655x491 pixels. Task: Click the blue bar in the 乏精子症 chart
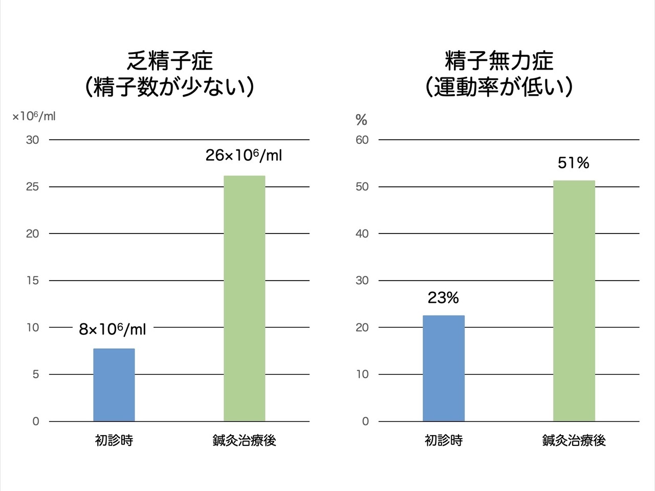114,385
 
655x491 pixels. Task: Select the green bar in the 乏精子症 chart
244,298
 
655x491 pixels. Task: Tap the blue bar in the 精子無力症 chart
444,368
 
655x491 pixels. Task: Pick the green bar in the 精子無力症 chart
574,301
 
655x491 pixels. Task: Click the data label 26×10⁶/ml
244,155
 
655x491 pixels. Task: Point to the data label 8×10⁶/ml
112,329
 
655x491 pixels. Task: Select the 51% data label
573,163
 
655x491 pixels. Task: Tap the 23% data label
443,298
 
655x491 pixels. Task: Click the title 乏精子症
169,61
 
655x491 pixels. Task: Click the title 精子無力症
499,61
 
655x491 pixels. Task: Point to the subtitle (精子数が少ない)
169,88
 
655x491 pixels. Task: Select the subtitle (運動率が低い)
499,88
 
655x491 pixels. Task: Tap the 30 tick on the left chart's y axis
33,140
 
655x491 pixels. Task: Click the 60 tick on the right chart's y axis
362,140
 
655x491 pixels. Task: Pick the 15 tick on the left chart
33,281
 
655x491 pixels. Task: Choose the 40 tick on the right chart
362,233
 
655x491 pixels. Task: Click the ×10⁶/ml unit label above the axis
34,117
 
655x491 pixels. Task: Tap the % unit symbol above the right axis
361,120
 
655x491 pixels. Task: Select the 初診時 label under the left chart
114,440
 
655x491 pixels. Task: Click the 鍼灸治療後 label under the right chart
574,440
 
